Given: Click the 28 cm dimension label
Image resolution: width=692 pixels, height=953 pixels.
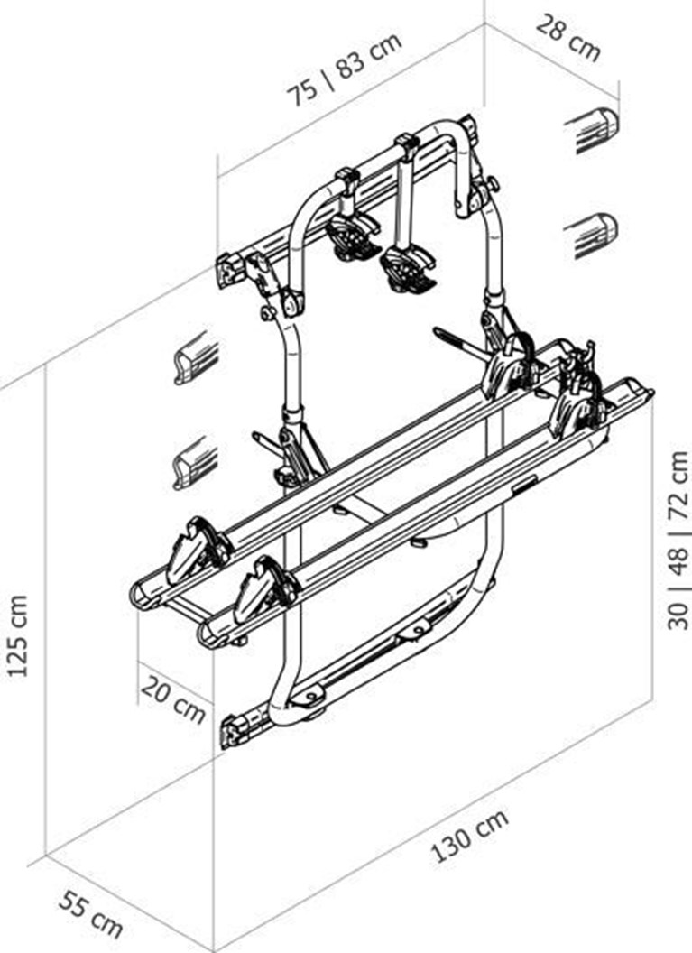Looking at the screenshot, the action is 568,37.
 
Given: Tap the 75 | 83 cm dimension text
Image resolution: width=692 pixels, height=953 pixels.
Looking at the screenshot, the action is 345,69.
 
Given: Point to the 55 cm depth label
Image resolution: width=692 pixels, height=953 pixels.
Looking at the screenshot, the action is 91,914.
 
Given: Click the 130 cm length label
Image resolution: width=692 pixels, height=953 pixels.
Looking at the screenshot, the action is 469,836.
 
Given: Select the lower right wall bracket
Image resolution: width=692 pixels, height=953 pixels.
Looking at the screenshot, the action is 591,236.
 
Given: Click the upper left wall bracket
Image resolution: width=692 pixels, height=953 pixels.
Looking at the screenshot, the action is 196,358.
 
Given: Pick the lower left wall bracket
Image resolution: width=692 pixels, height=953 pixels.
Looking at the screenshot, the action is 196,463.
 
